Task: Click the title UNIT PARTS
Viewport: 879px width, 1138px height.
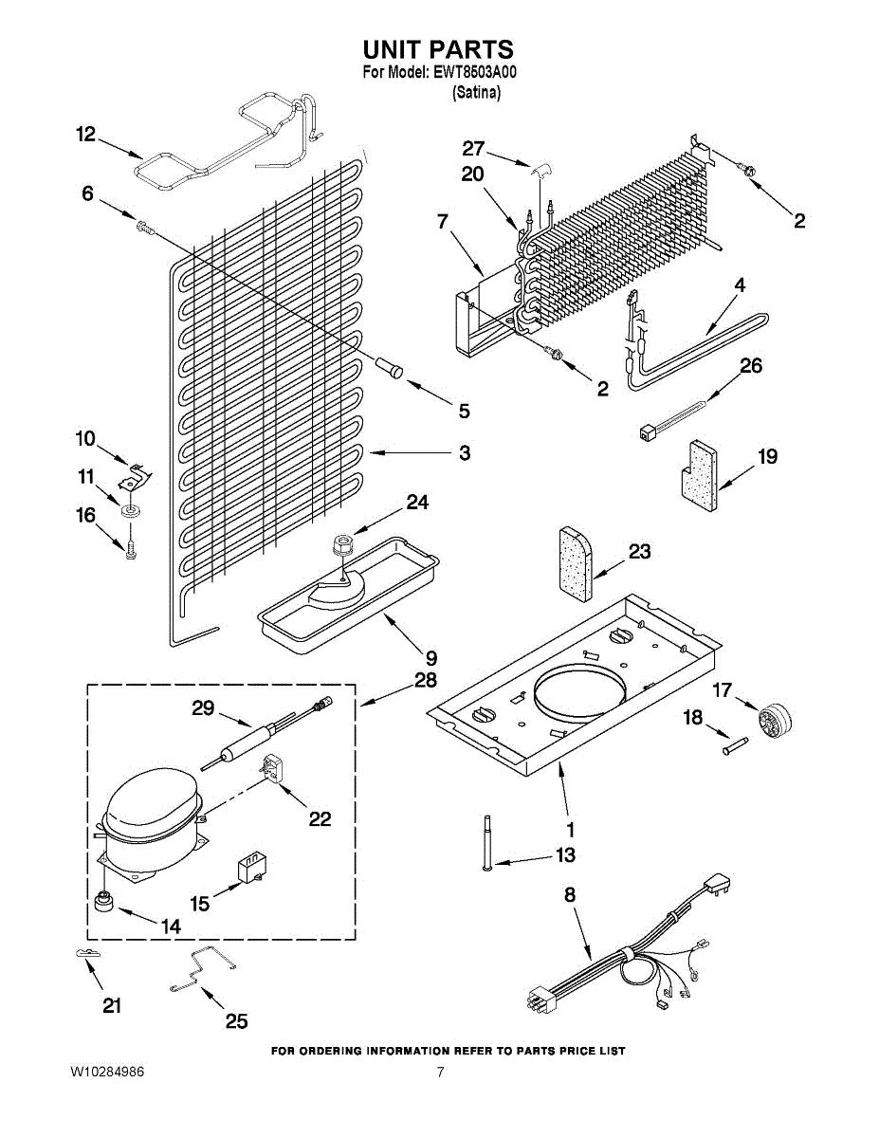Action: click(438, 49)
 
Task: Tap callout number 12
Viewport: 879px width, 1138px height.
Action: click(86, 135)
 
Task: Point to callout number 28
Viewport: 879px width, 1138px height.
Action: click(425, 679)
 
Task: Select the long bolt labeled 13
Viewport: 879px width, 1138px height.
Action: click(486, 842)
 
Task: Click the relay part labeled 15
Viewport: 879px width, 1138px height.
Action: click(249, 869)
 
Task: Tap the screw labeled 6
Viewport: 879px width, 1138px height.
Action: click(144, 226)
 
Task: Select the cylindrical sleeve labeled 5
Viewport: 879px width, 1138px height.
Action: click(391, 366)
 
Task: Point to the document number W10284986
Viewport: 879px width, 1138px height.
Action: click(107, 1073)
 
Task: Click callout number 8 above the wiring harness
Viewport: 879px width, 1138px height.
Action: click(569, 894)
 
